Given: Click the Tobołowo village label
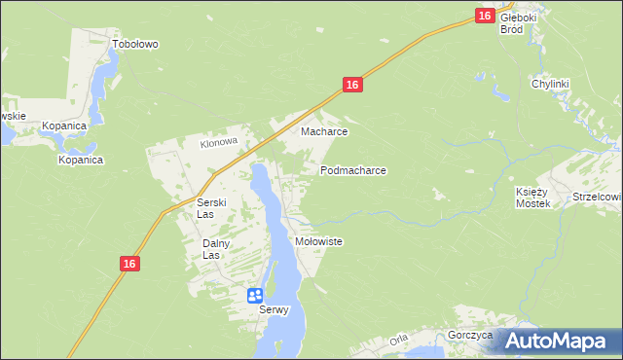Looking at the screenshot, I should click(x=135, y=44).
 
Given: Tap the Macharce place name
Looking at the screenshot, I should click(x=324, y=131).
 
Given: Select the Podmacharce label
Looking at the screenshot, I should click(x=353, y=170).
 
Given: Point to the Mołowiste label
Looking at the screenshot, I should click(x=318, y=241).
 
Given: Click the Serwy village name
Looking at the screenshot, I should click(x=275, y=311).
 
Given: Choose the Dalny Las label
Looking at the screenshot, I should click(x=217, y=249).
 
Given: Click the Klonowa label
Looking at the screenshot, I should click(x=219, y=142).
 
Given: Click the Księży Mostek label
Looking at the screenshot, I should click(x=532, y=198).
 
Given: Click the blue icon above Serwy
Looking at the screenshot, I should click(x=255, y=295).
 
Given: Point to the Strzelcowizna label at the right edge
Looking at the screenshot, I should click(x=597, y=197).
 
